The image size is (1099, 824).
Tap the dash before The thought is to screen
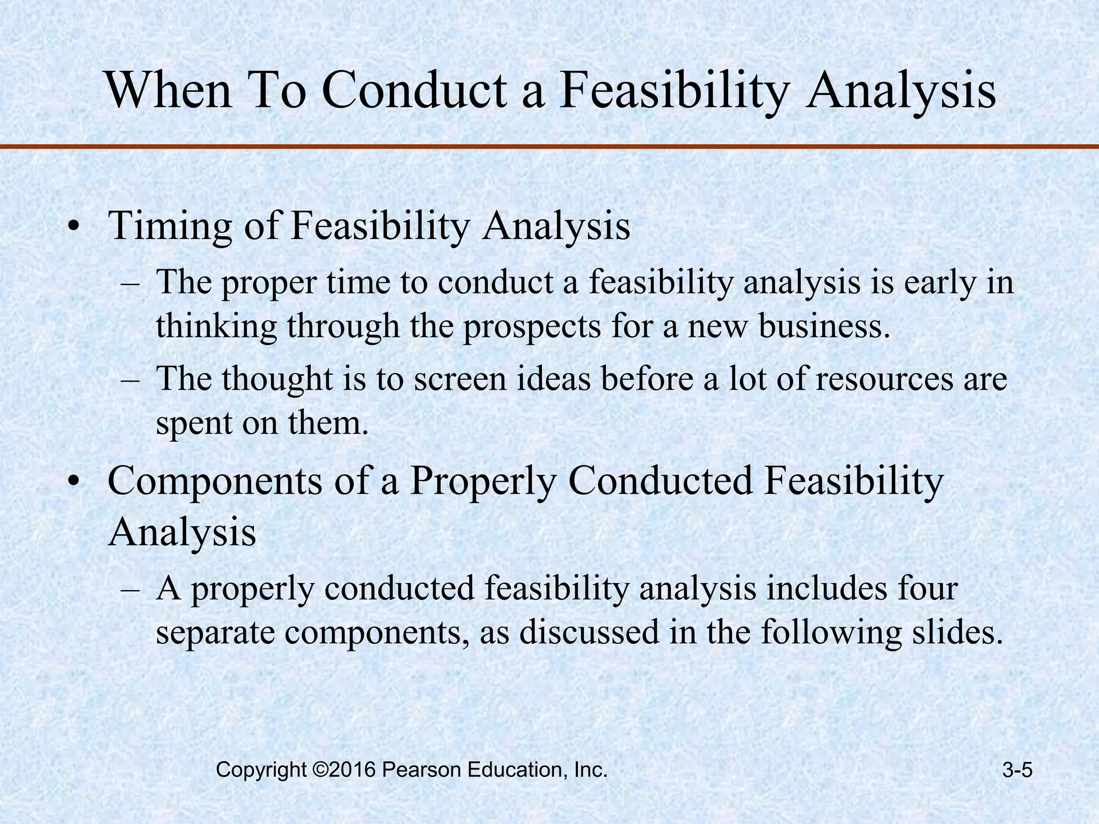[x=130, y=380]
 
